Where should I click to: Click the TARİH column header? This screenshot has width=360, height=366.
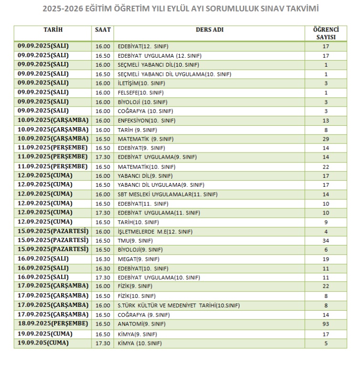(53, 30)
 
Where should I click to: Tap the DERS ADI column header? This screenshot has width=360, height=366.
(209, 30)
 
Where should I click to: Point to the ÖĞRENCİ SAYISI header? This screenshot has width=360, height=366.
(326, 33)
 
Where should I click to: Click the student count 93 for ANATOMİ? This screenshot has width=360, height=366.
(326, 324)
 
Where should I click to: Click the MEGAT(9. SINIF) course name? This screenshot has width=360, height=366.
(138, 259)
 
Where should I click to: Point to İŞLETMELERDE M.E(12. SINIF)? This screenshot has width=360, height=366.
(155, 232)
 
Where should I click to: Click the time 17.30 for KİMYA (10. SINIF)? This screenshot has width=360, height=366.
(103, 343)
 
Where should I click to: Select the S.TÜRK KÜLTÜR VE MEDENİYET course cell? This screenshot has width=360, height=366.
(178, 305)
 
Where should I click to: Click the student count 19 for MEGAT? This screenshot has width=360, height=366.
(326, 259)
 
